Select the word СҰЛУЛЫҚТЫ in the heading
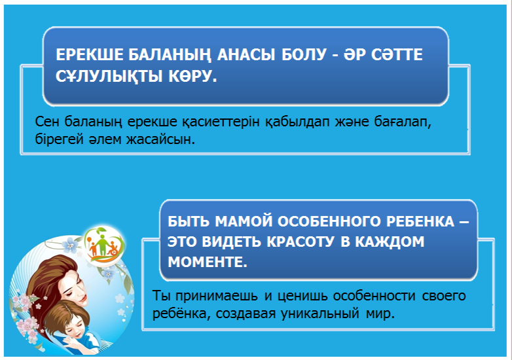pyautogui.click(x=109, y=77)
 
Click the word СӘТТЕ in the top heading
pyautogui.click(x=397, y=54)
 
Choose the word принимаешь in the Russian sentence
pyautogui.click(x=216, y=296)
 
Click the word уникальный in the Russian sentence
pyautogui.click(x=320, y=314)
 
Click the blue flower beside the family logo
pyautogui.click(x=70, y=245)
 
